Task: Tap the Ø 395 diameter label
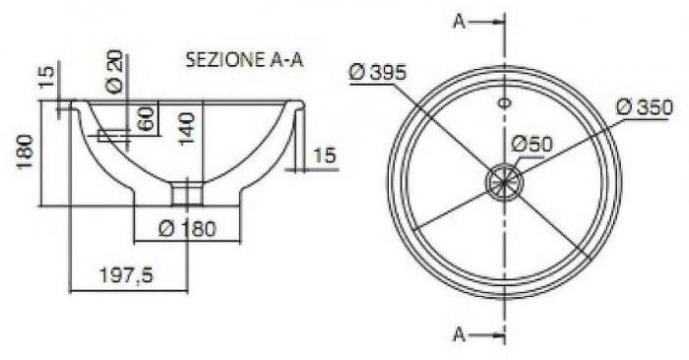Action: tap(378, 72)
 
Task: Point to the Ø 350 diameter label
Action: tap(645, 106)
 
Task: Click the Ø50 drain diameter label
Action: tap(532, 145)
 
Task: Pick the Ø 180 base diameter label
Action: tap(187, 229)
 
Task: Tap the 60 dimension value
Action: tap(145, 120)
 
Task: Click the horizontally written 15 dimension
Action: tap(326, 154)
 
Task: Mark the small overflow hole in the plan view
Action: tap(504, 101)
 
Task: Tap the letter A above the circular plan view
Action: tap(459, 22)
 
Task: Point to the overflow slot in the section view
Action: tap(114, 135)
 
